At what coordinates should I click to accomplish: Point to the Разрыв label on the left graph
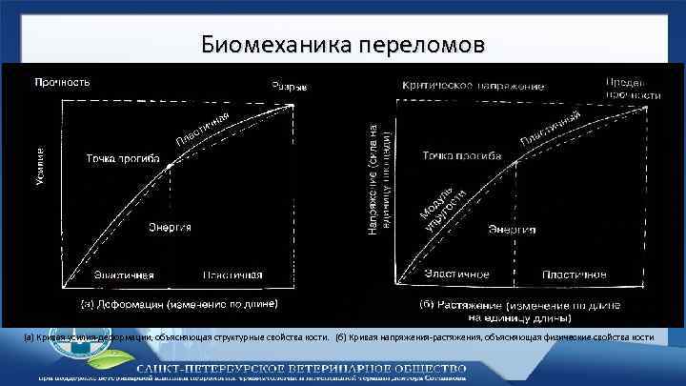[x=290, y=87]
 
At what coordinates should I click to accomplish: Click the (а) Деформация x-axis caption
[x=179, y=306]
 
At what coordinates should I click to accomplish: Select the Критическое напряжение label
[x=474, y=86]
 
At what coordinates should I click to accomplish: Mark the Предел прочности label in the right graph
[x=634, y=89]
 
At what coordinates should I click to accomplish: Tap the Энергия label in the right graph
[x=513, y=229]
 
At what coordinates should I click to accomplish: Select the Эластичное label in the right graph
[x=456, y=274]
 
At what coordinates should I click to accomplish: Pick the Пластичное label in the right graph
[x=575, y=274]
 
